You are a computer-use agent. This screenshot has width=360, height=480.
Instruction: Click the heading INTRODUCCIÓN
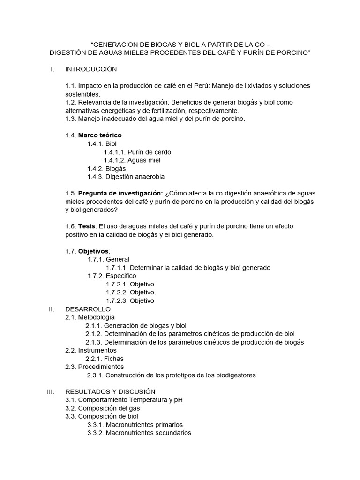coord(90,69)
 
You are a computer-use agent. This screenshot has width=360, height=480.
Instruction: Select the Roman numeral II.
coord(52,309)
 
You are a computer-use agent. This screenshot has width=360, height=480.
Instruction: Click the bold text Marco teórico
coord(100,135)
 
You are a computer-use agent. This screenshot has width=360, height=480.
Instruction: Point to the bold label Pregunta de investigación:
coord(120,193)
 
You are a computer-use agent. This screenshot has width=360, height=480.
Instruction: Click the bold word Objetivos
coord(93,251)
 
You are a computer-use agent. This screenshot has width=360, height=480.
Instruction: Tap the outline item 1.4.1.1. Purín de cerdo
coord(137,152)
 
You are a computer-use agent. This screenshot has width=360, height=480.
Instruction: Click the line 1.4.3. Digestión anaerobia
coord(126,177)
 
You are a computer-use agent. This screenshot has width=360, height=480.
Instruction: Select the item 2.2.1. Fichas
coord(104,359)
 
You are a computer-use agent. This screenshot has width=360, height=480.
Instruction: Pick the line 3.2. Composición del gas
coord(103,408)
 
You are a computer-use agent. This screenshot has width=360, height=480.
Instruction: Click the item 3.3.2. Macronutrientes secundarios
coord(139,433)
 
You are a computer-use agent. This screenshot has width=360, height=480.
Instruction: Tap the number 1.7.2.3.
coord(117,300)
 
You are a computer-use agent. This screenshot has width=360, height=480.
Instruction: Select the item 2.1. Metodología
coord(90,317)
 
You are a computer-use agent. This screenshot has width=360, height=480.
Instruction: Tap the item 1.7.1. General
coord(108,259)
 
